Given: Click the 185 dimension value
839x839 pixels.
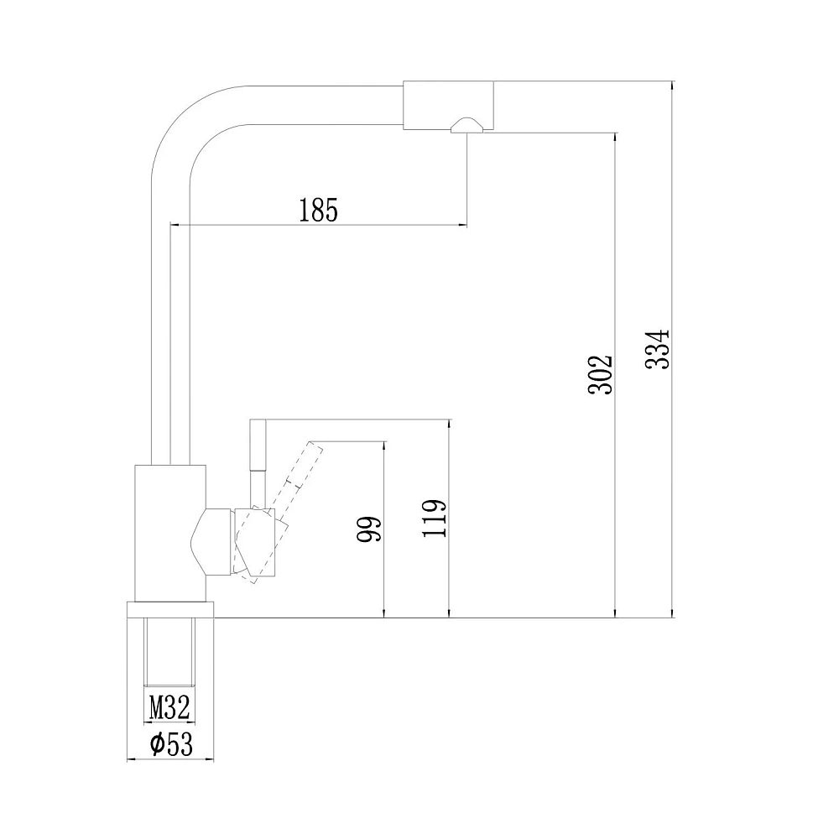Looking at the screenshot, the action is (318, 210).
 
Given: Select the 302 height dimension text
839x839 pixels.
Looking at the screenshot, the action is (600, 374).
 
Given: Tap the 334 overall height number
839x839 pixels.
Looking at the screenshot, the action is (658, 349).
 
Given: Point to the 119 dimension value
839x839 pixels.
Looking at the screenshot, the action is (434, 518).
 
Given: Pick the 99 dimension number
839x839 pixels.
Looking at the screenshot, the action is (369, 529).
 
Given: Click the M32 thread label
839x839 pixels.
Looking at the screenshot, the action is (169, 708).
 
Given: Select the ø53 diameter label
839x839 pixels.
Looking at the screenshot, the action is (170, 743).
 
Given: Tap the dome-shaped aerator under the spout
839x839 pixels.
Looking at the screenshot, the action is (467, 125).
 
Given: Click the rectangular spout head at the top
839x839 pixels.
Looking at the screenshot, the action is (447, 105).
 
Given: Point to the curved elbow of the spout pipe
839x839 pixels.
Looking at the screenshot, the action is (182, 116).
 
